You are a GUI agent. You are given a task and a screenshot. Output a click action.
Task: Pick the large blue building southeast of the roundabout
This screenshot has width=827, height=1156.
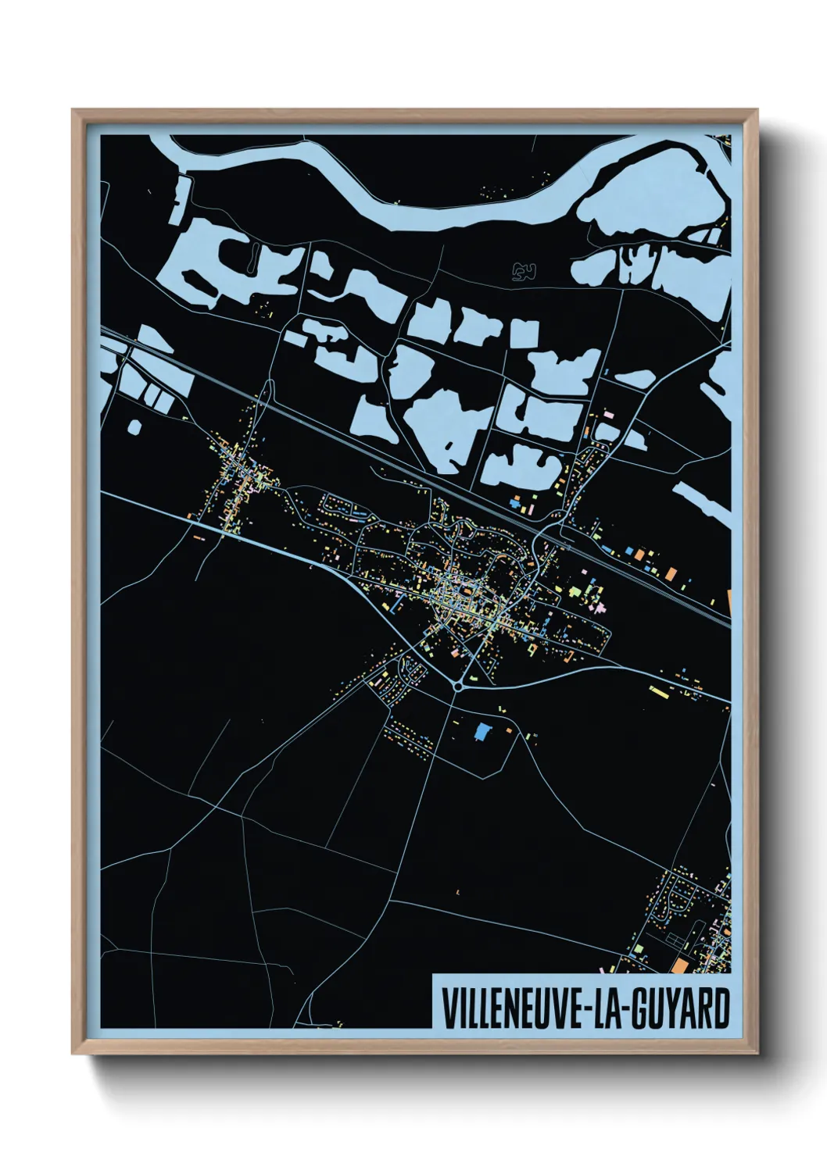pyautogui.click(x=483, y=732)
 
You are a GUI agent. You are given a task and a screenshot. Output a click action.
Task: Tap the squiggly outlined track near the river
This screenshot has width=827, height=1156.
pyautogui.click(x=524, y=272)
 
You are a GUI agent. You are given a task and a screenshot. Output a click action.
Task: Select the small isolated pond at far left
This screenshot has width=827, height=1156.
pyautogui.click(x=134, y=427)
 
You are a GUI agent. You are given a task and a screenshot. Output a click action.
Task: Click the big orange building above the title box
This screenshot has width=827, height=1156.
pyautogui.click(x=679, y=966)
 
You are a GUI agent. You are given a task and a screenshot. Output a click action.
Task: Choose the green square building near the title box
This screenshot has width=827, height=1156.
pyautogui.click(x=638, y=948)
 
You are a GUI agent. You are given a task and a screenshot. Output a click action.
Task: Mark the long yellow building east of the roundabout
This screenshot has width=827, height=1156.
pyautogui.click(x=659, y=691)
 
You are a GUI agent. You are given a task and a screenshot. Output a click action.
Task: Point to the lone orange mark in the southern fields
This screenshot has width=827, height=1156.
pyautogui.click(x=457, y=892)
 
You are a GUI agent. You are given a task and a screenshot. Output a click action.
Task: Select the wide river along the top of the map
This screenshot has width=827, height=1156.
pyautogui.click(x=391, y=191)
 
